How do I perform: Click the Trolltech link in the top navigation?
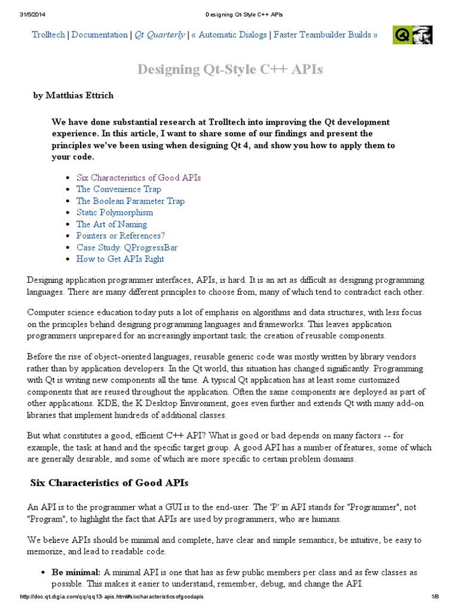[50, 35]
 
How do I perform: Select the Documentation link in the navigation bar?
[100, 35]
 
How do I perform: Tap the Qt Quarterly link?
[160, 35]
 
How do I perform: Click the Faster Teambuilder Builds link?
[323, 35]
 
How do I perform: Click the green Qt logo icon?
[402, 35]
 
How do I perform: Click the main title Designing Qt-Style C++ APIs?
[230, 70]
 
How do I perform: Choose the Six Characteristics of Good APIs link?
[139, 178]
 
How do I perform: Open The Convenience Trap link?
[119, 189]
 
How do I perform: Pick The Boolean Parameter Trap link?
[130, 201]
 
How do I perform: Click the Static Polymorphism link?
[115, 212]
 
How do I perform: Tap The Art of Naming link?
[112, 224]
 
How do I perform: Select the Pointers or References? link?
[120, 236]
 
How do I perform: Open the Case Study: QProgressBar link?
[127, 247]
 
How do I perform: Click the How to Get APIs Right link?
[120, 259]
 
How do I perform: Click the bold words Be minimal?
[76, 572]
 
